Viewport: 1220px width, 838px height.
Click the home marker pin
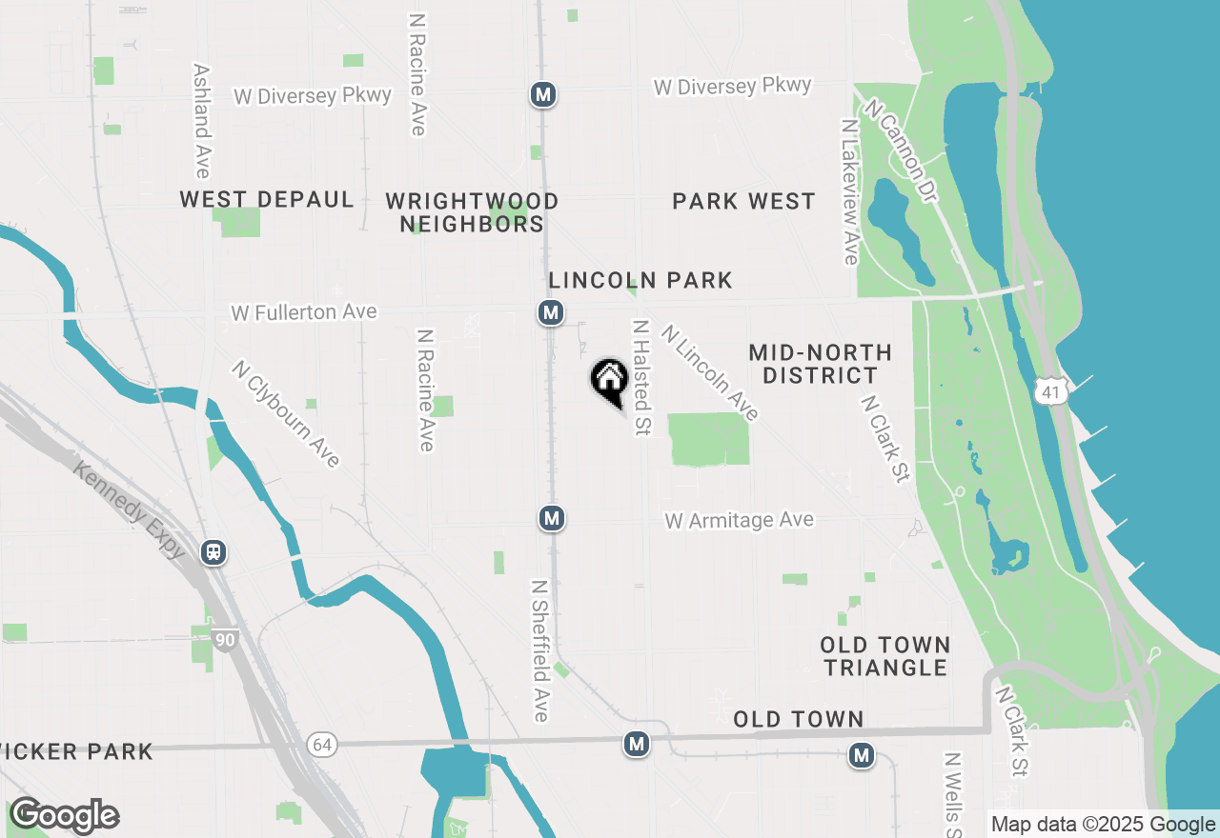(x=609, y=381)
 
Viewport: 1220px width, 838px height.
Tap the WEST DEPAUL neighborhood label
(x=267, y=200)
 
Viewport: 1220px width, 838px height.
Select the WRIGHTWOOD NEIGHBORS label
(x=472, y=212)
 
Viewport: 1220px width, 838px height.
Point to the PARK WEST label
(x=743, y=201)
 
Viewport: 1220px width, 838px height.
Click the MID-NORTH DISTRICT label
(x=820, y=364)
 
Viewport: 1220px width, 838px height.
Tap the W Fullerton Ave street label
(x=304, y=312)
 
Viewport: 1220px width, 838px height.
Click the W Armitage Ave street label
(x=740, y=520)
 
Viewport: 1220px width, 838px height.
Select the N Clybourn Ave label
(x=286, y=413)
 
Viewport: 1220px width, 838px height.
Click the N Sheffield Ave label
(x=540, y=650)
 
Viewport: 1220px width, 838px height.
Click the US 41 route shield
(x=1050, y=391)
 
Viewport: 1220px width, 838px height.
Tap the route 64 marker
(x=322, y=744)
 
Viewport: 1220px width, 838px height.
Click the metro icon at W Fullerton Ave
(x=549, y=312)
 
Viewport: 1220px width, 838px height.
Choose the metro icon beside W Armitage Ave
(x=550, y=518)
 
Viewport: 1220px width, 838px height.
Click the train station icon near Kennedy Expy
(x=213, y=552)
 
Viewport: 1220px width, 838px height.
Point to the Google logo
(x=64, y=816)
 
